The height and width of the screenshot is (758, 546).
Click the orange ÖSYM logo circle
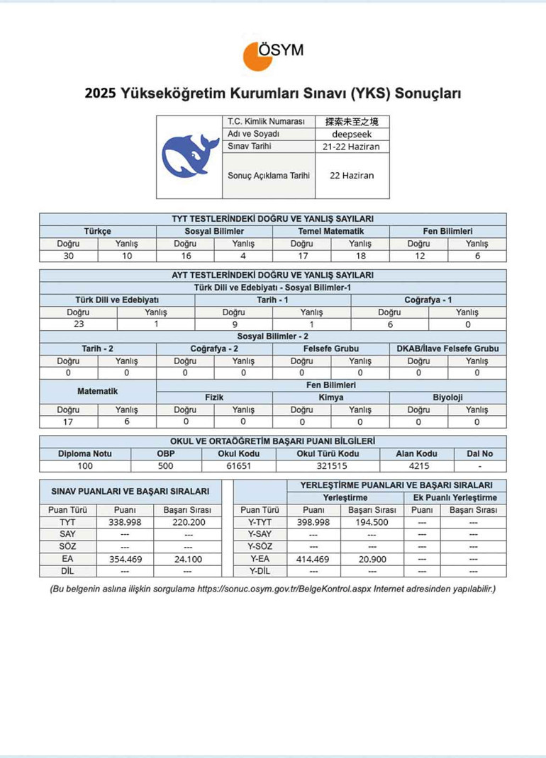pyautogui.click(x=257, y=56)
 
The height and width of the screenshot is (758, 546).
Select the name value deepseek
pyautogui.click(x=352, y=134)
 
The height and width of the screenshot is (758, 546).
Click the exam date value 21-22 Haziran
pyautogui.click(x=352, y=147)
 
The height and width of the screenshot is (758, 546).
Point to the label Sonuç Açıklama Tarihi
pyautogui.click(x=269, y=175)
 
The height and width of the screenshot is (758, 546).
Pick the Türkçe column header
pyautogui.click(x=97, y=231)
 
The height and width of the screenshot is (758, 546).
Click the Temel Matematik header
pyautogui.click(x=331, y=231)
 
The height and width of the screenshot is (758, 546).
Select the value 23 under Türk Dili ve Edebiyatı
pyautogui.click(x=78, y=323)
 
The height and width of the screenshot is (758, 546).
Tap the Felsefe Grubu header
pyautogui.click(x=331, y=348)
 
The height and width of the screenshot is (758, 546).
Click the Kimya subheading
pyautogui.click(x=331, y=397)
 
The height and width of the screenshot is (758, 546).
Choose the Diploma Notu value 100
pyautogui.click(x=85, y=466)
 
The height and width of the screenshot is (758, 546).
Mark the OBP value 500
pyautogui.click(x=167, y=466)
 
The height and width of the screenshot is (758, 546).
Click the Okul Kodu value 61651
pyautogui.click(x=239, y=466)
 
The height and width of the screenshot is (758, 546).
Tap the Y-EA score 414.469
pyautogui.click(x=314, y=559)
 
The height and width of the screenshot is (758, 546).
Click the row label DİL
pyautogui.click(x=67, y=571)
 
